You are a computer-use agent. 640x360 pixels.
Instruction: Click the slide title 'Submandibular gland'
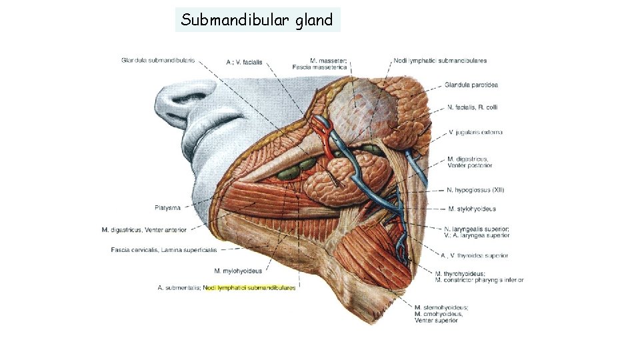pos(257,20)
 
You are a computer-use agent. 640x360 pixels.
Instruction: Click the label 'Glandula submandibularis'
pos(158,60)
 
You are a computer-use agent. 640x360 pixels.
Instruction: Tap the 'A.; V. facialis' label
pos(245,62)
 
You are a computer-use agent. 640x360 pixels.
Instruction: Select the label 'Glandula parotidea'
pos(472,85)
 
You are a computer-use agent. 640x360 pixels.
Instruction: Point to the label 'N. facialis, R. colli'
pos(473,107)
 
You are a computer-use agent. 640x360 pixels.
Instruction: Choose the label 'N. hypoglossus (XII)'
pos(477,191)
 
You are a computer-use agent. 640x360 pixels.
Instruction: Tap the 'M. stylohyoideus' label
pos(472,209)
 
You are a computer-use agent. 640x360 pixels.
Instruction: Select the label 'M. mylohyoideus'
pos(238,271)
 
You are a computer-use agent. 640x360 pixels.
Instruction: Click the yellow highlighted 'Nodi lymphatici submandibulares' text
pos(249,287)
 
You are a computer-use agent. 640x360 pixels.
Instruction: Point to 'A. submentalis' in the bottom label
pos(178,287)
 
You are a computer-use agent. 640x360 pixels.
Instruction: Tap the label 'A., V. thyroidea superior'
pos(474,255)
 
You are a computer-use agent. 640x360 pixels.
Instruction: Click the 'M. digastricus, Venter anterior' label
pos(144,230)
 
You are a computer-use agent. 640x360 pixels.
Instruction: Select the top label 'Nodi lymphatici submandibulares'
pos(440,61)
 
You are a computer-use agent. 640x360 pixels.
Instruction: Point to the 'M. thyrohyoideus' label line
pos(460,273)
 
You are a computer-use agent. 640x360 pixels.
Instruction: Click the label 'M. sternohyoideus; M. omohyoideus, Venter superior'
pos(441,313)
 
